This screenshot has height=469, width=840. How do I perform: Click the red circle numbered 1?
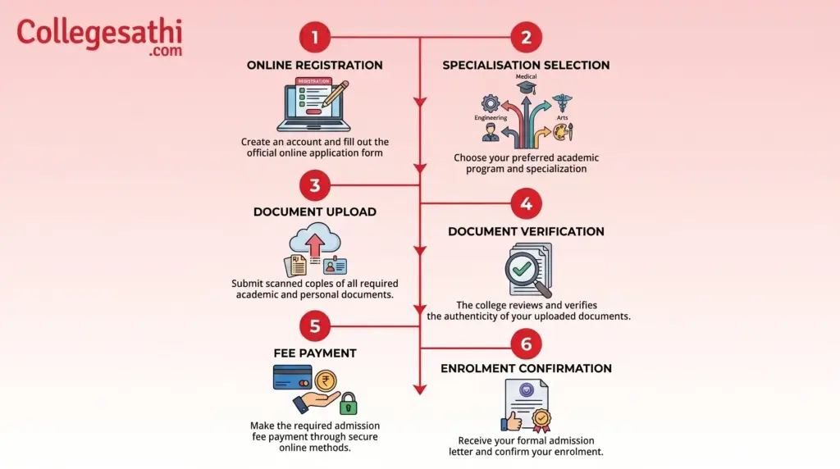pos(315,37)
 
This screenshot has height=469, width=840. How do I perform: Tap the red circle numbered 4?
pos(526,203)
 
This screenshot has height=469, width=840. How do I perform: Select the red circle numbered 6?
pos(526,344)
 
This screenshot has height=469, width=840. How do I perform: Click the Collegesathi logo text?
pos(99,36)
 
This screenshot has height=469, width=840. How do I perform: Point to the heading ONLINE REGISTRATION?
pos(314,66)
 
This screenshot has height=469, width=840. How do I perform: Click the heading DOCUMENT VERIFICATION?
pos(526,232)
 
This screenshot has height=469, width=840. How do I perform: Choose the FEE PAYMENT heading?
pos(315,353)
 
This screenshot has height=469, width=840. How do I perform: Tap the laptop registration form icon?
pos(314,104)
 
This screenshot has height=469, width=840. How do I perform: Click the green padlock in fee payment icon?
pos(348,403)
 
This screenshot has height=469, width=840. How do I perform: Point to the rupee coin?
pos(326,381)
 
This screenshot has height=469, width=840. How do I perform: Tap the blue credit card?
pos(293,377)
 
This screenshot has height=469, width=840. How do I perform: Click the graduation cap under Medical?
pos(526,87)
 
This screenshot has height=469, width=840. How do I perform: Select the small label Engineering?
pos(491,118)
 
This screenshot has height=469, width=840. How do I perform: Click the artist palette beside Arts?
pos(562,132)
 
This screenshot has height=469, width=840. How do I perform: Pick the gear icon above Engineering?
pos(491,103)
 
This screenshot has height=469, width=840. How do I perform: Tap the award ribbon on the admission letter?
pos(541,421)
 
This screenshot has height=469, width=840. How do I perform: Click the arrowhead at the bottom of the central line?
pos(420,389)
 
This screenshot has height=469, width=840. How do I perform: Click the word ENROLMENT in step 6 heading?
pos(481,369)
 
